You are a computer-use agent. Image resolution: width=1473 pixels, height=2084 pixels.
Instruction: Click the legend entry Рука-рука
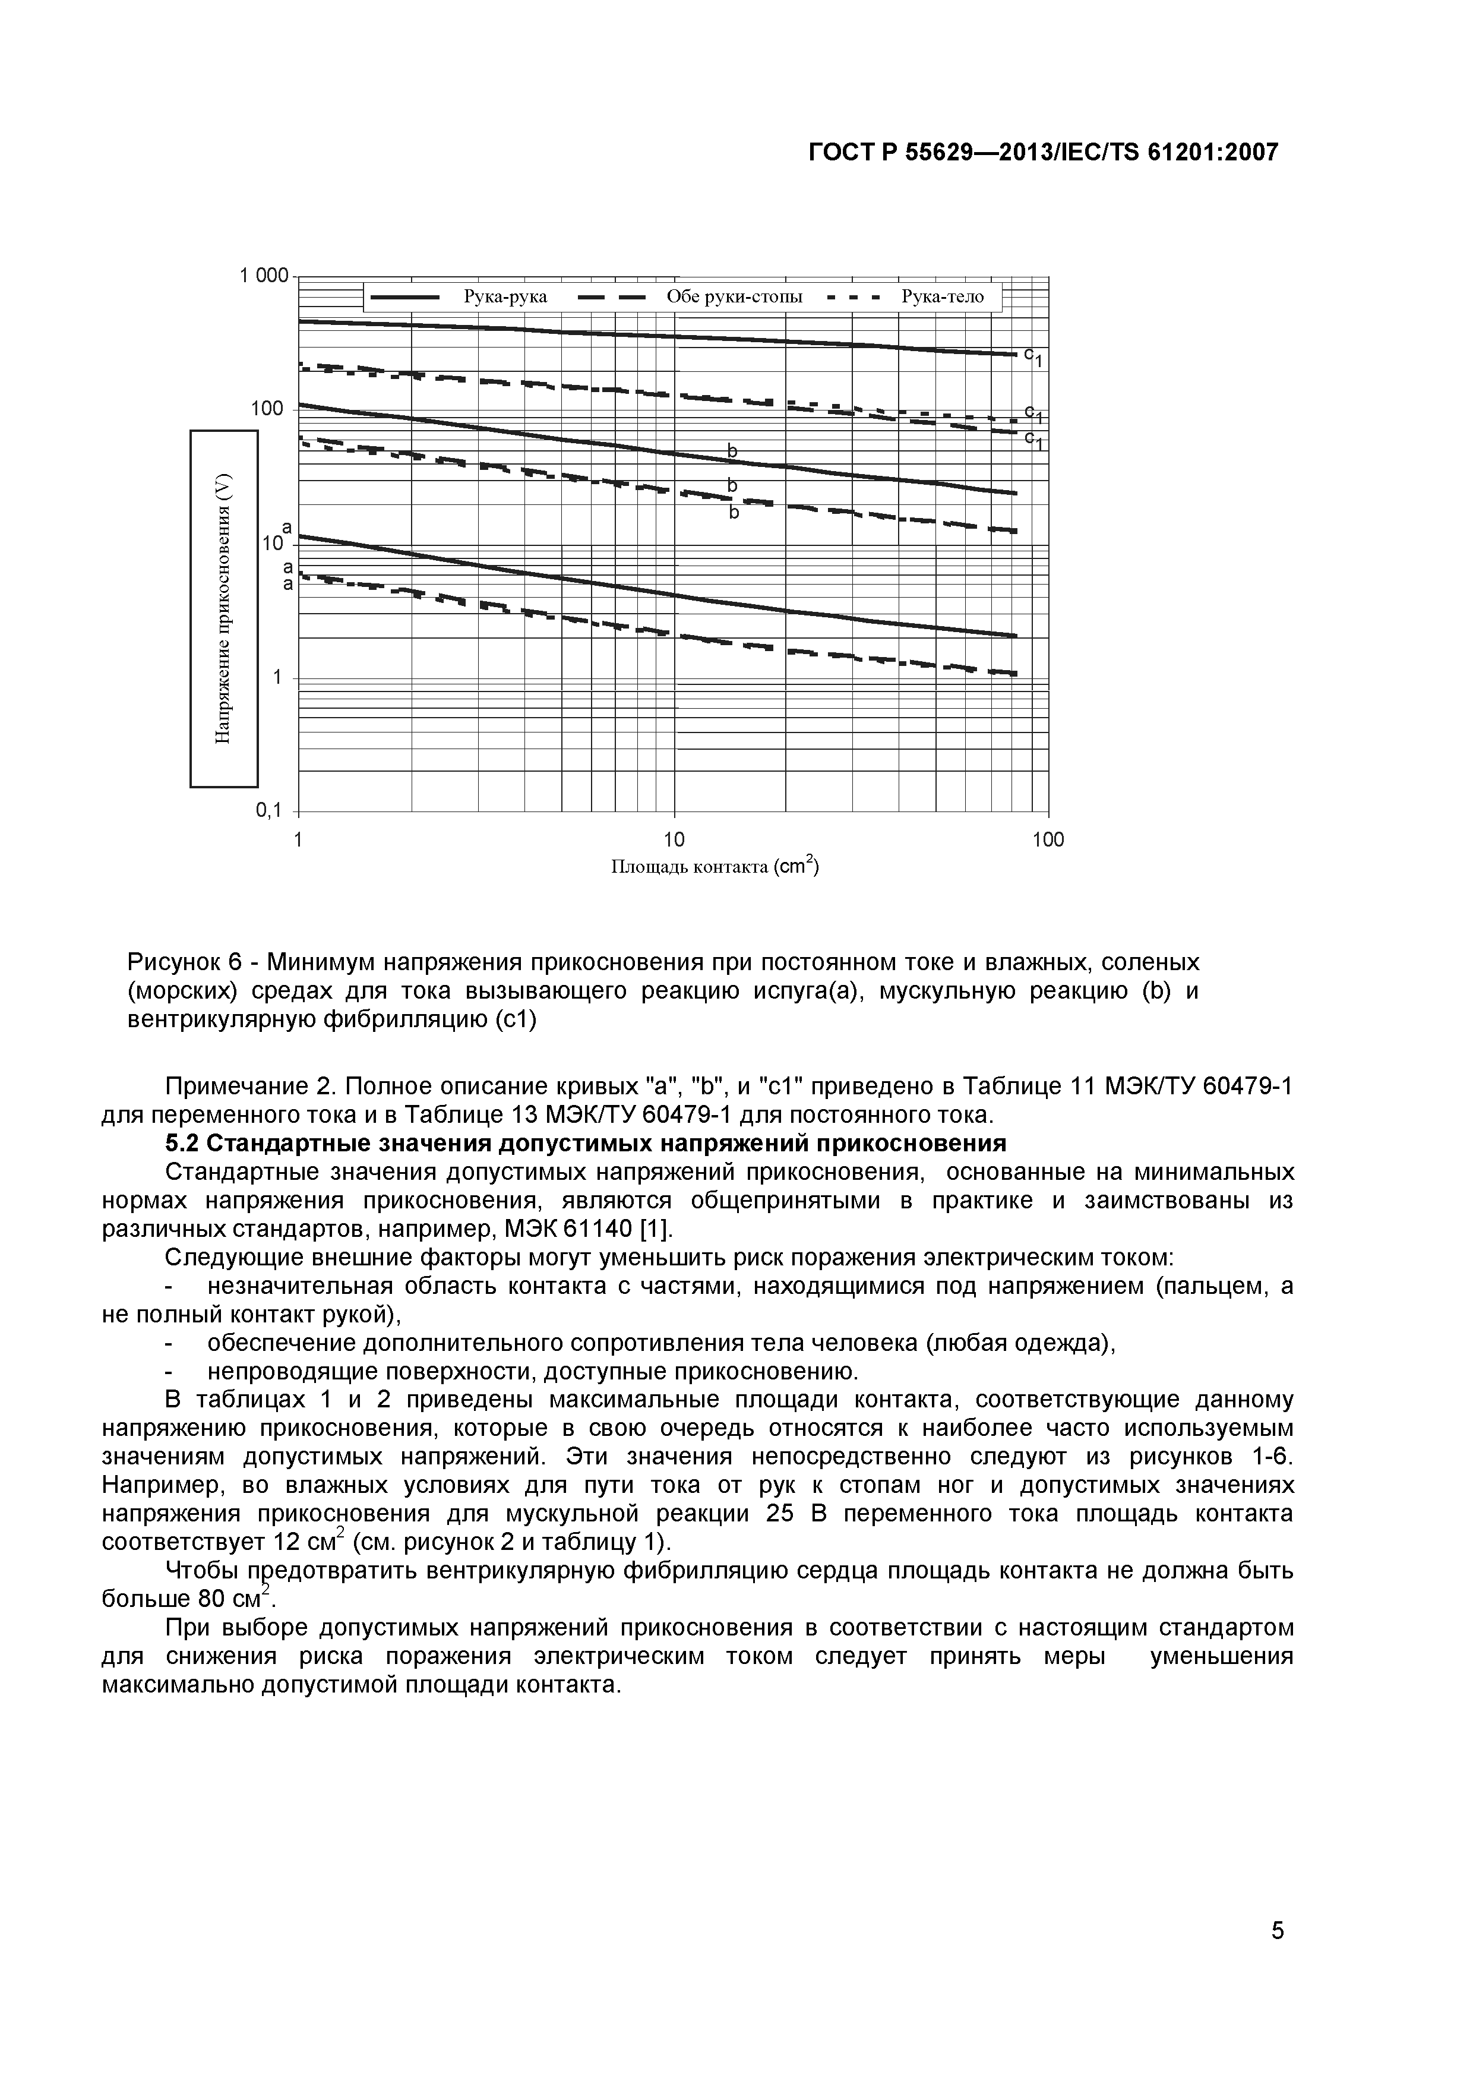point(505,297)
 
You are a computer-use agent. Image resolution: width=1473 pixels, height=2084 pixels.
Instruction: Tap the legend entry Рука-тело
point(942,297)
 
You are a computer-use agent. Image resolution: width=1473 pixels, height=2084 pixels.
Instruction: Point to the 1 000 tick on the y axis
point(263,275)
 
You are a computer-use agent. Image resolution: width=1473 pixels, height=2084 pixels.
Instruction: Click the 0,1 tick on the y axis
point(270,810)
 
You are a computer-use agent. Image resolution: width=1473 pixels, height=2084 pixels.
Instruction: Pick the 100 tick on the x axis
point(1048,841)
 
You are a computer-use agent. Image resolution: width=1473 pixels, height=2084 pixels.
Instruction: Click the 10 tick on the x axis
point(674,841)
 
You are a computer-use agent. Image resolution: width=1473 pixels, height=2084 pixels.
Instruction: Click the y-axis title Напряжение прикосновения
point(224,609)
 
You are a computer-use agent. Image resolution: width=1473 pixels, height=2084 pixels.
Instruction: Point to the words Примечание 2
point(239,1087)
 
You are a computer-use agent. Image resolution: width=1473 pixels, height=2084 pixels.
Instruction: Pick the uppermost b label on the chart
point(732,451)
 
